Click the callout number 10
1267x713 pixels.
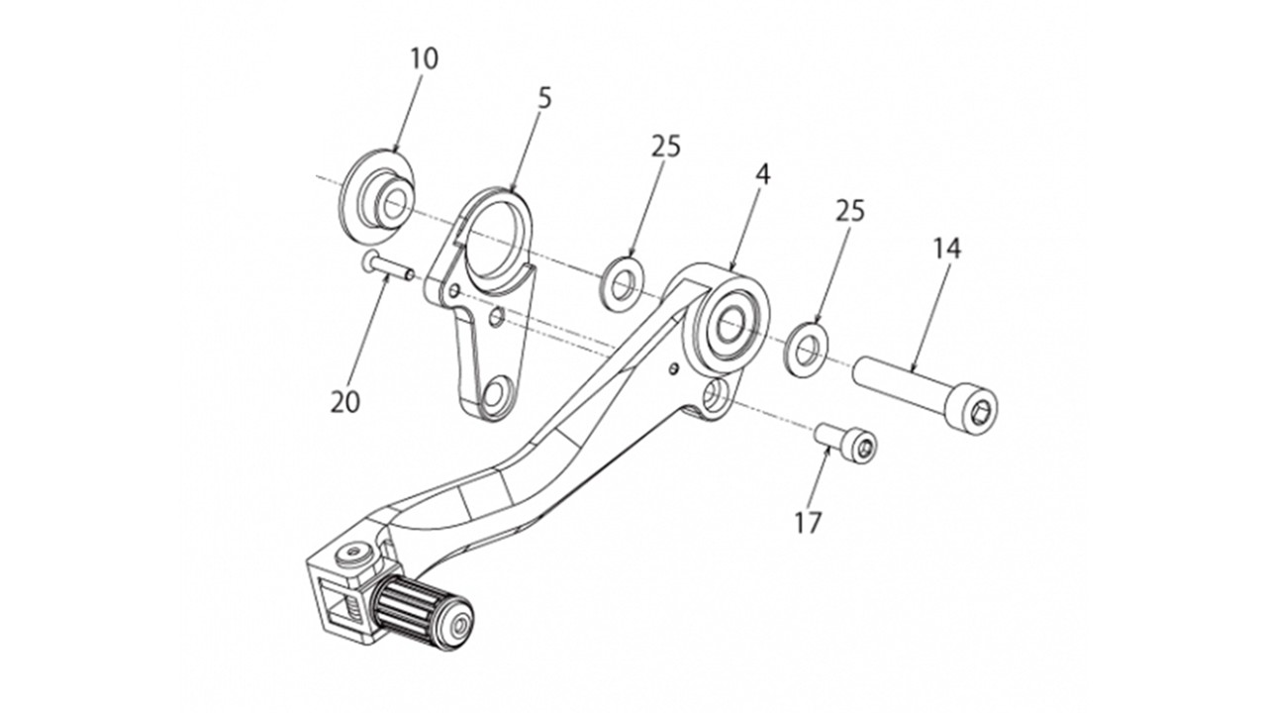(424, 58)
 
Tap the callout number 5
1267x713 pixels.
(545, 98)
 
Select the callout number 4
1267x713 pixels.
(762, 173)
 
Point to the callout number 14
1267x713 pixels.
(946, 248)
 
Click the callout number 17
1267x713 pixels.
(809, 522)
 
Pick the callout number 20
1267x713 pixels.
(346, 402)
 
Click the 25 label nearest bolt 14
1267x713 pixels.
(850, 211)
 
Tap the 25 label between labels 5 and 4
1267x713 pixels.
(666, 147)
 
